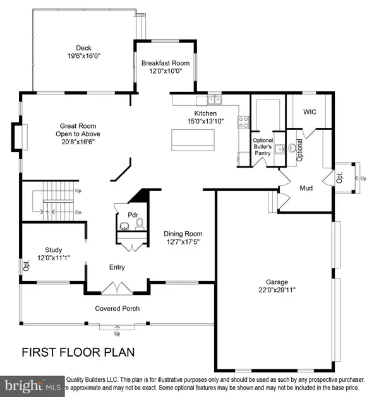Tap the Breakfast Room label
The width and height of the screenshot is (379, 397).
point(165,63)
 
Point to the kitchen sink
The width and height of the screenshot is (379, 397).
point(214,99)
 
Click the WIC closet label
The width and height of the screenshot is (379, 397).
point(310,112)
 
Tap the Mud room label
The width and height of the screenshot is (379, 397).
point(306,188)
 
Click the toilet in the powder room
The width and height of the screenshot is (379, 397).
point(140,224)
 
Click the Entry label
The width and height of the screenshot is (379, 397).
point(117,267)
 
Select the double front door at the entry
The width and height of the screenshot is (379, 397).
point(117,288)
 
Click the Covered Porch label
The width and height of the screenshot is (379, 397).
point(117,308)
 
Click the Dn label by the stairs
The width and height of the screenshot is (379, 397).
point(78,212)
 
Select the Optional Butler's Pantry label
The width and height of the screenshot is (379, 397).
point(262,147)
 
